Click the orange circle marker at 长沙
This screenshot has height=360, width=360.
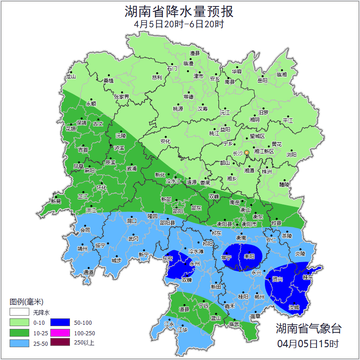click(x=247, y=152)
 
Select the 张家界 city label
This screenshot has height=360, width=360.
click(x=122, y=97)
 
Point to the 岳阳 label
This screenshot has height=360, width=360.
click(x=262, y=81)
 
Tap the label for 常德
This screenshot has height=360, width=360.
click(x=188, y=97)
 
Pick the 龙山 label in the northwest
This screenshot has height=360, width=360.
click(x=70, y=76)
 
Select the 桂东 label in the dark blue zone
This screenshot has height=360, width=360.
click(x=308, y=277)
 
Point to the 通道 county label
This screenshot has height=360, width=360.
click(x=88, y=273)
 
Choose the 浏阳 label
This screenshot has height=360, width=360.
click(x=291, y=155)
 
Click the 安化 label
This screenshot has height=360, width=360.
click(x=165, y=141)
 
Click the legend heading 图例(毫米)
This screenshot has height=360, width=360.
click(x=26, y=302)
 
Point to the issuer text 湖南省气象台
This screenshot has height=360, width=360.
click(x=308, y=328)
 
